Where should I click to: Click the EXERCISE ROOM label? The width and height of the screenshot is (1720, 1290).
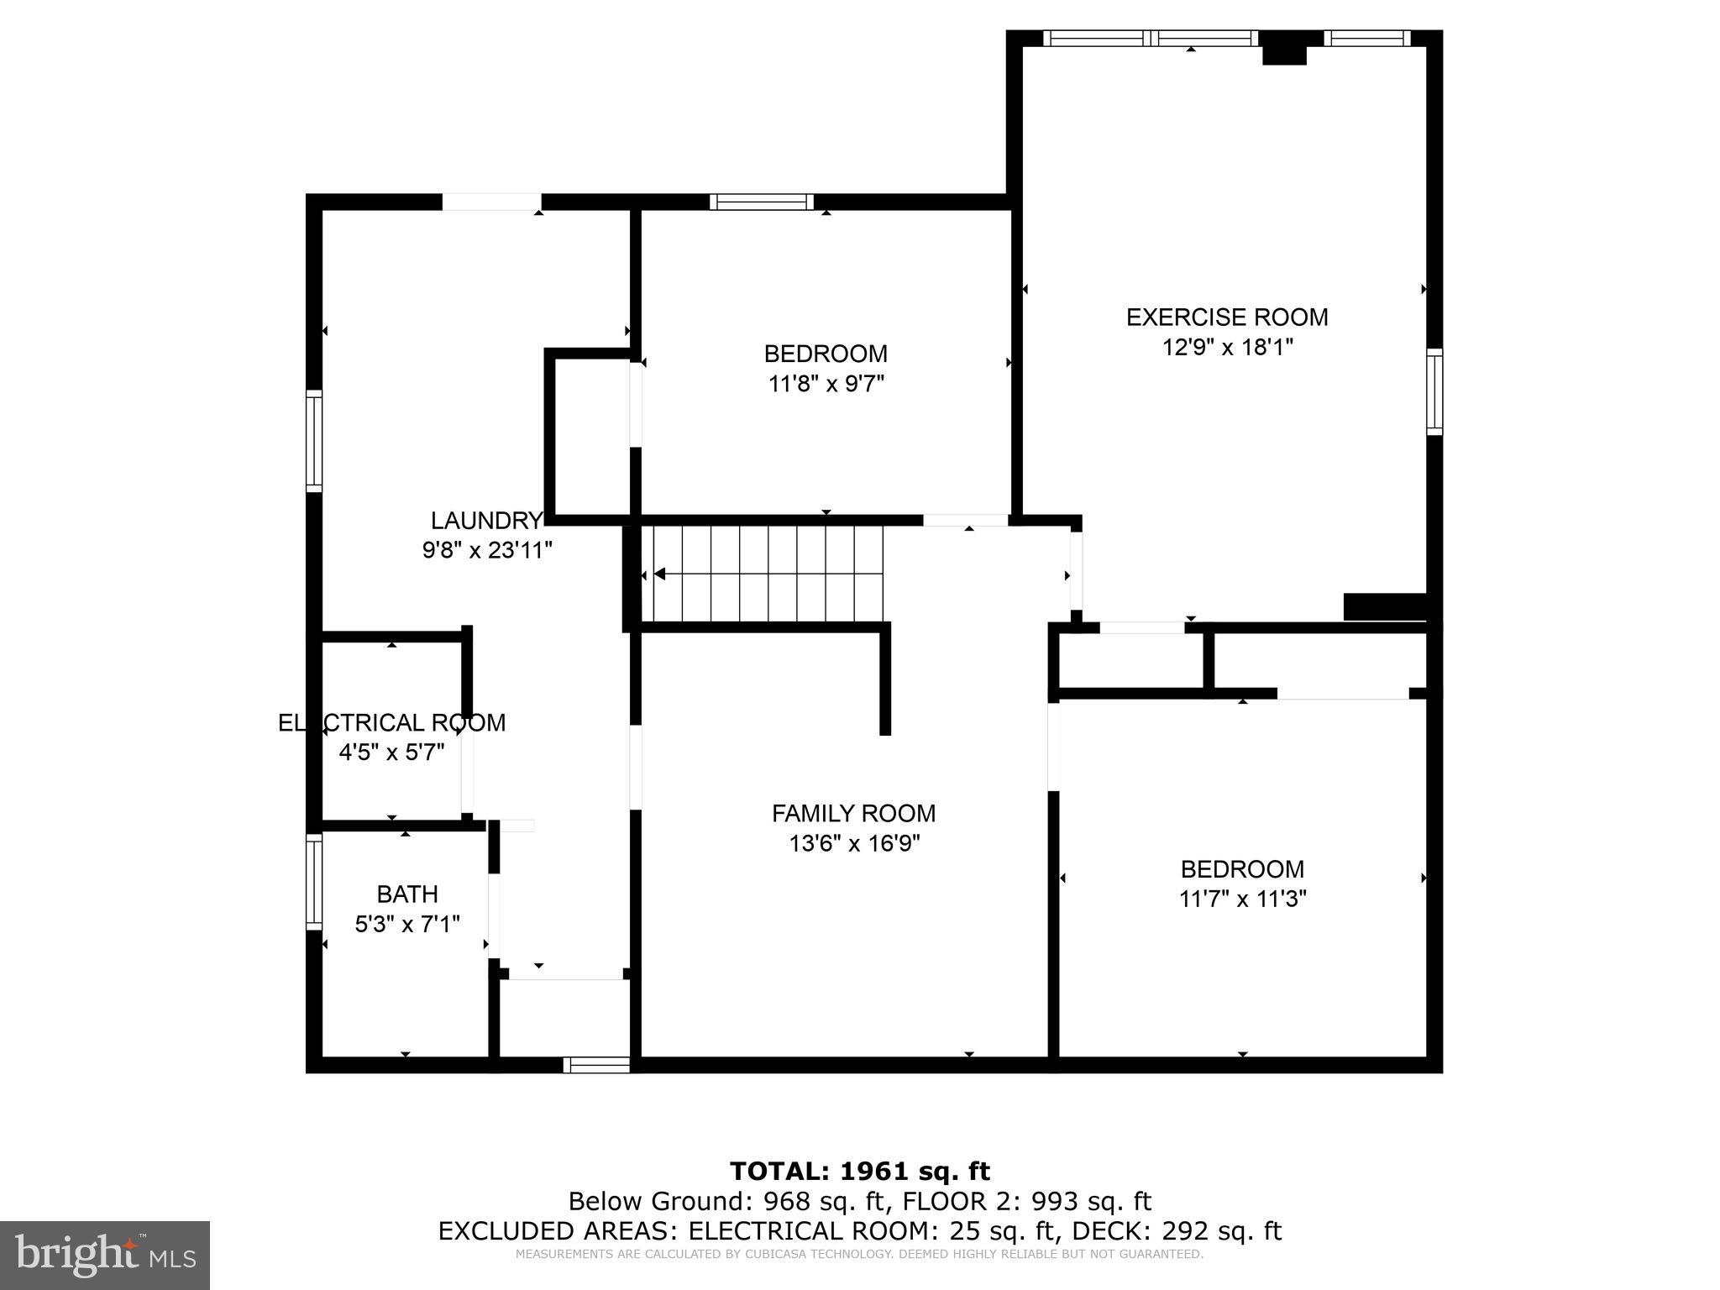coord(1226,317)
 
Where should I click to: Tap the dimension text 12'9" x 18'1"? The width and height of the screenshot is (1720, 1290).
coord(1226,348)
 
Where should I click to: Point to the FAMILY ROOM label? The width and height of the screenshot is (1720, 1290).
coord(853,813)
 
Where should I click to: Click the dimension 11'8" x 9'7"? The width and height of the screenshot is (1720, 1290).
coord(826,384)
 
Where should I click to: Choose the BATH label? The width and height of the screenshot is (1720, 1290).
coord(407,894)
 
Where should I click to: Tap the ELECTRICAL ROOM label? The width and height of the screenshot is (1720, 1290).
coord(391,722)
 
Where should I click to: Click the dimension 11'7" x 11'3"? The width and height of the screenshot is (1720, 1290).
coord(1242,899)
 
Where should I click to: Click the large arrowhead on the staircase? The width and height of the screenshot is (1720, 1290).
coord(660,574)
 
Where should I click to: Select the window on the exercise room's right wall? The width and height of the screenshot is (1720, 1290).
coord(1434,392)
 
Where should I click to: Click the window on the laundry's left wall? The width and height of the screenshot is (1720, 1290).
coord(313,441)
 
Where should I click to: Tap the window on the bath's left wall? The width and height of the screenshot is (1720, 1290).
coord(313,881)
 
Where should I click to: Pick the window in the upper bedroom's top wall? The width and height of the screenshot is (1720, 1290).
coord(762,202)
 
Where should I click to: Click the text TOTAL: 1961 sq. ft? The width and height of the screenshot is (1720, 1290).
coord(859,1171)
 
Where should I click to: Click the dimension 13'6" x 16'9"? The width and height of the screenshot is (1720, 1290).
coord(853,843)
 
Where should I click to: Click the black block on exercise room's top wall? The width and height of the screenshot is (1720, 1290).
coord(1285,49)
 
